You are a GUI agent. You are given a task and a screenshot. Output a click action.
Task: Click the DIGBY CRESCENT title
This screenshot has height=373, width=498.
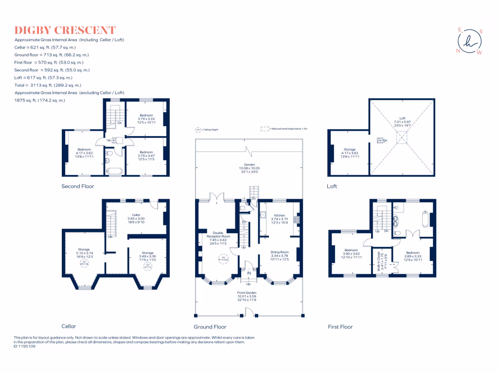pos(65,30)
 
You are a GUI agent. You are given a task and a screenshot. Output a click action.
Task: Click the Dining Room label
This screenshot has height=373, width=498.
pos(280,252)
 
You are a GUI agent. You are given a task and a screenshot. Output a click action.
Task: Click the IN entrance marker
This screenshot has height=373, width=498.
pos(249,273)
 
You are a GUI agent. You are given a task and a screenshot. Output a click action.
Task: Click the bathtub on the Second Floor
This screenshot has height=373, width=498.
pos(115,170)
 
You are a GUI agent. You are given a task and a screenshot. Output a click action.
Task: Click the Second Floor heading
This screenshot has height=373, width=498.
pos(78,186)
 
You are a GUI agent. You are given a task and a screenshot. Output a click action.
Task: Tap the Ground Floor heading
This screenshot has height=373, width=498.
pos(210,327)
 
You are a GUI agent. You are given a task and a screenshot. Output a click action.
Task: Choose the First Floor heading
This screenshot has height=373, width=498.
pos(340,327)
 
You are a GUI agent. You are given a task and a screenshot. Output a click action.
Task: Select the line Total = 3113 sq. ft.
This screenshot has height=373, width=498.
pos(44,85)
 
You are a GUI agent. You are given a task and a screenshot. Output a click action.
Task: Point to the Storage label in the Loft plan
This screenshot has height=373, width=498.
pos(349,150)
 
